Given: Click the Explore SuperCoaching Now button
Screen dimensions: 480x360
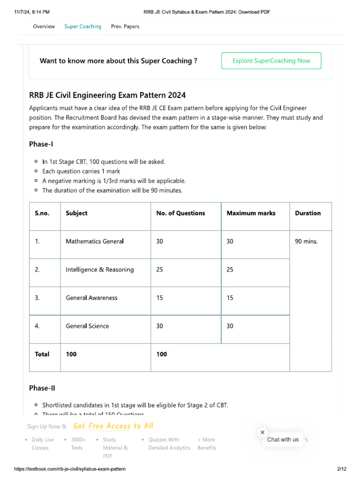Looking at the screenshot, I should coord(271,61).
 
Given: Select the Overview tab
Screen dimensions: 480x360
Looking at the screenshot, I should coord(44,27).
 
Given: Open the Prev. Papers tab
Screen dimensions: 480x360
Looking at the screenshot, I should coord(125,27).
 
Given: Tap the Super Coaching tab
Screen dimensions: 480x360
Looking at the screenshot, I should coord(82,27).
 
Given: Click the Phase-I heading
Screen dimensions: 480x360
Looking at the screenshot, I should coord(41,144).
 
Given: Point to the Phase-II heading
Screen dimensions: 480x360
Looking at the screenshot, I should coord(42,388).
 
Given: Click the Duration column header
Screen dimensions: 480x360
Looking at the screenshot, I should coord(307,213).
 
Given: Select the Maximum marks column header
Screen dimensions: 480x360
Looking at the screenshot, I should coord(251,213).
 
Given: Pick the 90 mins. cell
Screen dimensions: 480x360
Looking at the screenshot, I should coord(306,241).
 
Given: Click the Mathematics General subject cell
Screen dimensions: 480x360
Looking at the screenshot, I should coord(95,241).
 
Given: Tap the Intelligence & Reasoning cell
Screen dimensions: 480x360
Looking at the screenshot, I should coord(99,270).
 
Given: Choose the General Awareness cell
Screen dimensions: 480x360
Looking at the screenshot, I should coord(91,298).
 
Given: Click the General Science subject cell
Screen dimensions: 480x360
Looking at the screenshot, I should coord(87,326).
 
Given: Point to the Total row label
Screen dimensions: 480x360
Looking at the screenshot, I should coord(42,354).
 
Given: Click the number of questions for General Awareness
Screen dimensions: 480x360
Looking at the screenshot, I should coord(160,298).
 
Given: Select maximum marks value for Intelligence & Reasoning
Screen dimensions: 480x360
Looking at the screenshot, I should coord(230,270).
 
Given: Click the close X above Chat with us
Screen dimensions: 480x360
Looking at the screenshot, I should coord(262,432).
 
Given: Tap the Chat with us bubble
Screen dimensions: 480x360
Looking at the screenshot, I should coord(283,440).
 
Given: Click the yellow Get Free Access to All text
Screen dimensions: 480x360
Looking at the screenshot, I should coord(113,426).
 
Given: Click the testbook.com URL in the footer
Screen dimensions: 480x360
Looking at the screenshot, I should coord(70,469).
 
